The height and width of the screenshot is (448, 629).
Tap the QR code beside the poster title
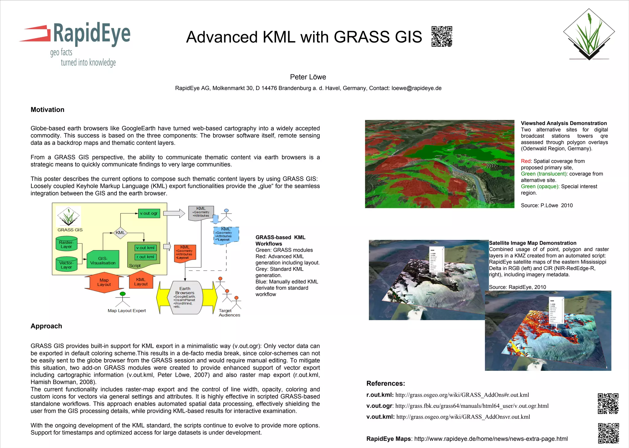tap(442, 37)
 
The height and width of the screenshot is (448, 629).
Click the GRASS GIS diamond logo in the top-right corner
tap(589, 34)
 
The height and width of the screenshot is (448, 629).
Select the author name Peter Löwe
tap(308, 77)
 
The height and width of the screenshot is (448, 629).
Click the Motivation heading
tap(47, 110)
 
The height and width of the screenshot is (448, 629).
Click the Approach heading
tap(46, 326)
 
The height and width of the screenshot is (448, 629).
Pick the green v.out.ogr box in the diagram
tap(149, 213)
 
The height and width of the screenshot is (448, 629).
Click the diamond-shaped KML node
tap(120, 233)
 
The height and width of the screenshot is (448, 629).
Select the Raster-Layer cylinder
tap(66, 244)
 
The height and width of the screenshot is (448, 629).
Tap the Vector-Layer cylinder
tap(66, 265)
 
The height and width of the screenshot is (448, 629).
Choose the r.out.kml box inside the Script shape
tap(146, 257)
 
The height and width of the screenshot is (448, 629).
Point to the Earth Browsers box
tap(185, 297)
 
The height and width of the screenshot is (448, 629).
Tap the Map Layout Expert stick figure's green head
tap(123, 294)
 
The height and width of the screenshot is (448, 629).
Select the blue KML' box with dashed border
tap(226, 235)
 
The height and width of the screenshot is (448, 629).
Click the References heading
tap(385, 383)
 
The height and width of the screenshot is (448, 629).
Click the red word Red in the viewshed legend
tap(525, 161)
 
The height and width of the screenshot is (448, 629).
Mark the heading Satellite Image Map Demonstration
tap(533, 243)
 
